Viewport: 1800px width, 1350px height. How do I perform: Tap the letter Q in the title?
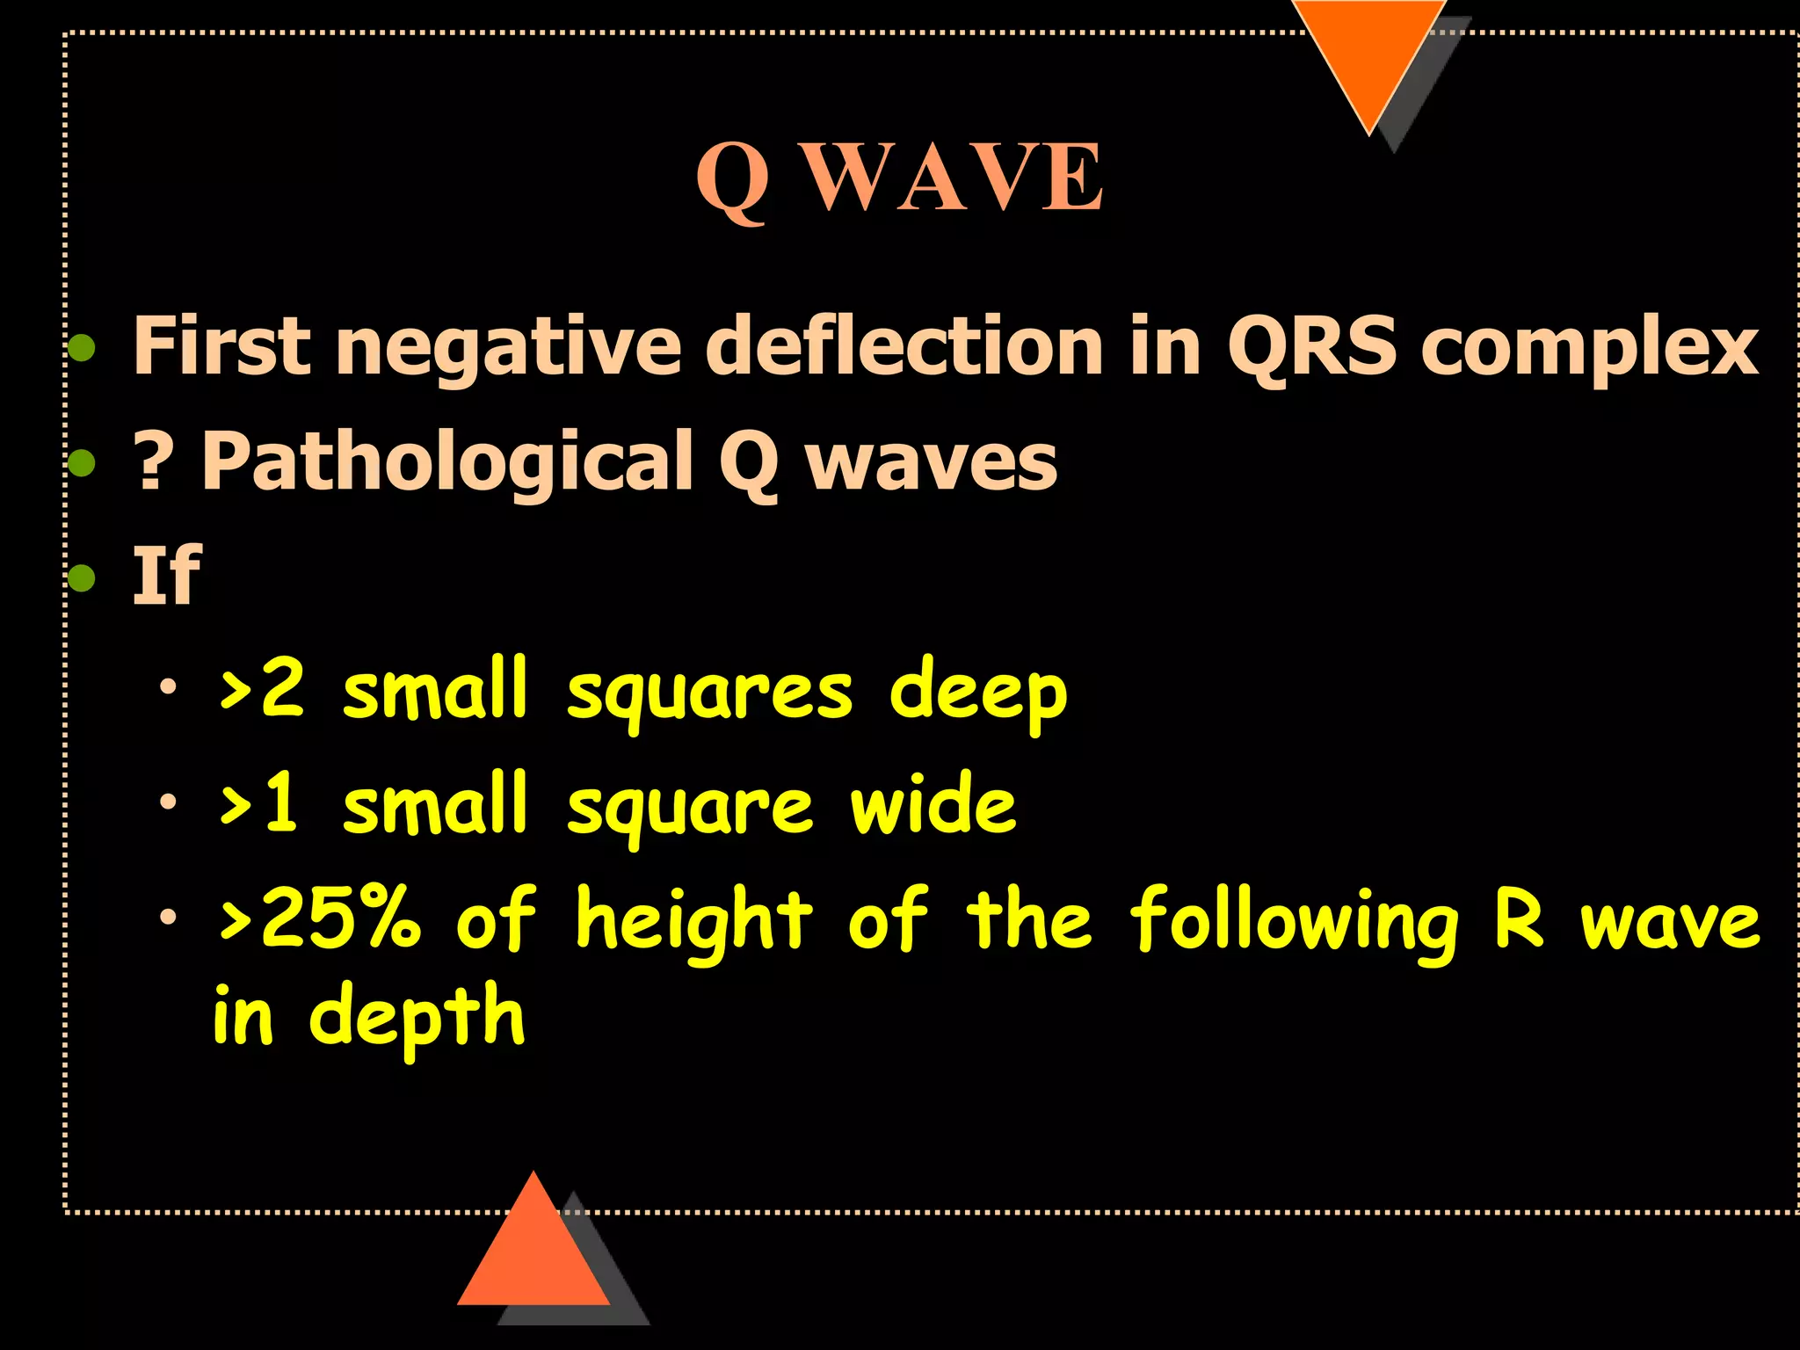tap(732, 181)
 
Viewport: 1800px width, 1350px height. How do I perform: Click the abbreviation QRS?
tap(1311, 347)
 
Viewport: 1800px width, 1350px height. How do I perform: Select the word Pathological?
tap(447, 462)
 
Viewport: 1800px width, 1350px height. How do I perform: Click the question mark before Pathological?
tap(151, 462)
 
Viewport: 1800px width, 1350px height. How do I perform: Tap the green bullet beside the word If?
tap(82, 577)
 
